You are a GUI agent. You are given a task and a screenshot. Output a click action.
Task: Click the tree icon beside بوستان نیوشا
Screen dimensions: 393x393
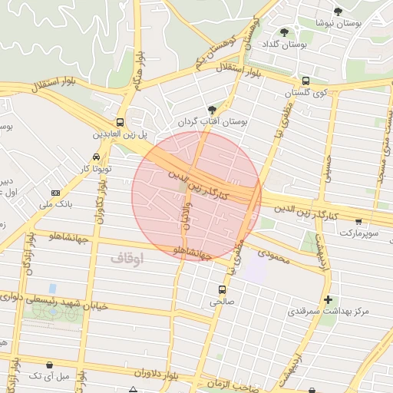(338, 11)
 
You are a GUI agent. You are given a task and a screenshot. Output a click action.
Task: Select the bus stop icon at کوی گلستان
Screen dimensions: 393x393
(306, 81)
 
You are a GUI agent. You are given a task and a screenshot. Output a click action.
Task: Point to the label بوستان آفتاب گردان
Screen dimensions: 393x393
(210, 122)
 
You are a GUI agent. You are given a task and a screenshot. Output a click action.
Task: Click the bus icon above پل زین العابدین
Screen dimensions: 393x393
(120, 122)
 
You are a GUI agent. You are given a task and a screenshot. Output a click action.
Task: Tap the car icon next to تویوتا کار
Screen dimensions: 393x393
(96, 157)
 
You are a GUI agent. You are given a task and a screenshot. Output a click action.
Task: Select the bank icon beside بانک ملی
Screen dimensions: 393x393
(55, 193)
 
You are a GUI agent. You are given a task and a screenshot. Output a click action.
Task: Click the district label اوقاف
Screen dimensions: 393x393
(127, 259)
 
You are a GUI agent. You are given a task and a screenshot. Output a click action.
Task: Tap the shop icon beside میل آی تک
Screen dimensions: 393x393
(50, 365)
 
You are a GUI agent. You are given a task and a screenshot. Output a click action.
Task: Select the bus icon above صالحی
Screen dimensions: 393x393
(222, 289)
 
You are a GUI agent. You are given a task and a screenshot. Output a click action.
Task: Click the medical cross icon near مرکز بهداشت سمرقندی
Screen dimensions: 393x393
(329, 299)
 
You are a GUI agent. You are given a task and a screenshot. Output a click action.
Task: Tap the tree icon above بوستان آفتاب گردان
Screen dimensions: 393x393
(212, 110)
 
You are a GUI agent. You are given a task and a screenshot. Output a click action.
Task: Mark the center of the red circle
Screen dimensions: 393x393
(196, 196)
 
